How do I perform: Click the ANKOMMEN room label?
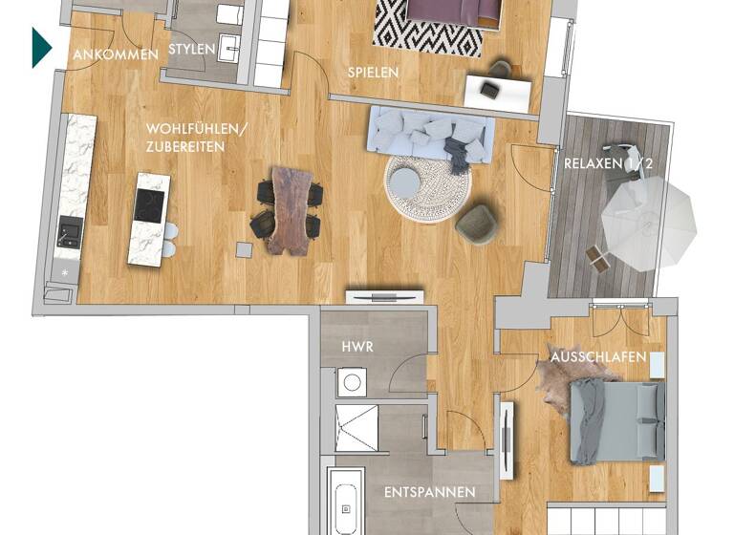tap(116, 54)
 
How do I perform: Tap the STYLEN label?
tap(191, 49)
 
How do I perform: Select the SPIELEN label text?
tap(373, 72)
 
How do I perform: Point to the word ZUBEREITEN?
tap(186, 146)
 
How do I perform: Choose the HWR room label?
tap(356, 348)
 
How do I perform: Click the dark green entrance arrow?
tap(40, 48)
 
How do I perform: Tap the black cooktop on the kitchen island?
tap(149, 204)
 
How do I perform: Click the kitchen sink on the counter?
tap(70, 229)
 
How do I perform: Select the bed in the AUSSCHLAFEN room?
tap(616, 420)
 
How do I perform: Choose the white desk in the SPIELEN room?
tap(497, 91)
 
